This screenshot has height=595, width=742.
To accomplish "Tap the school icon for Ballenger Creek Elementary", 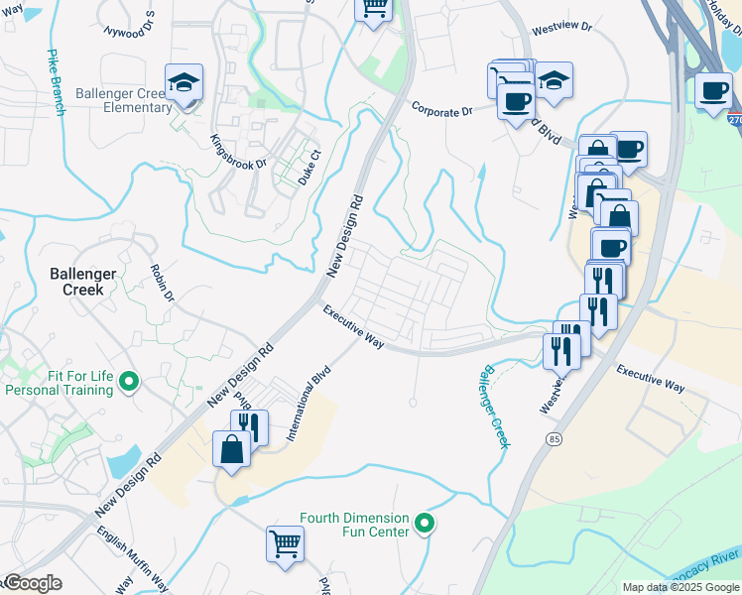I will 184,84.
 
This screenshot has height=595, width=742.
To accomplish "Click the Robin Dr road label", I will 162,283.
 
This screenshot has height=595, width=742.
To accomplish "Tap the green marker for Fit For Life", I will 128,381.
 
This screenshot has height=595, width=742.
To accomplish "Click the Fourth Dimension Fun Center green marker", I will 425,523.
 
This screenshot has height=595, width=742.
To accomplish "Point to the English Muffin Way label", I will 118,559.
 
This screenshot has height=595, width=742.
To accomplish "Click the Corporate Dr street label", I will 441,112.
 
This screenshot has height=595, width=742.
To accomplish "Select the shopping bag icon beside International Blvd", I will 231,448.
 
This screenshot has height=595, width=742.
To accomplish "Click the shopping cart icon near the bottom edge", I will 285,542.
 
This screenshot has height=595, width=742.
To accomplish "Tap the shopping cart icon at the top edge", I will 374,8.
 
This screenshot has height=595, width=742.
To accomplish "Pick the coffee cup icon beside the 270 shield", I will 713,91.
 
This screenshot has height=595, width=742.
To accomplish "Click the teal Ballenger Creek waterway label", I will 492,407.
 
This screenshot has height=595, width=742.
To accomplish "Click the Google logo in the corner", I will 33,583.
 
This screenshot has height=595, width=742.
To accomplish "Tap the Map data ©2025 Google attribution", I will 680,587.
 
